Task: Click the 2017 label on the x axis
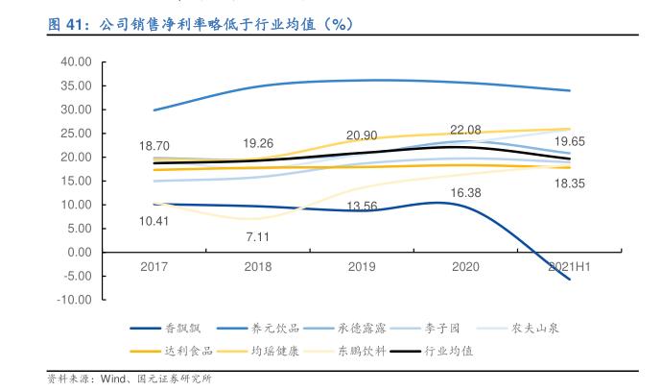coord(154,266)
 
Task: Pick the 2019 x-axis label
coord(362,266)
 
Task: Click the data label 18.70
coord(154,145)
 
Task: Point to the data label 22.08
coord(465,129)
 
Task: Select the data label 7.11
coord(258,236)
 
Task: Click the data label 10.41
coord(154,221)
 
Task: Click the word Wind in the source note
coord(117,379)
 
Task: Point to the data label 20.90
coord(362,135)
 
